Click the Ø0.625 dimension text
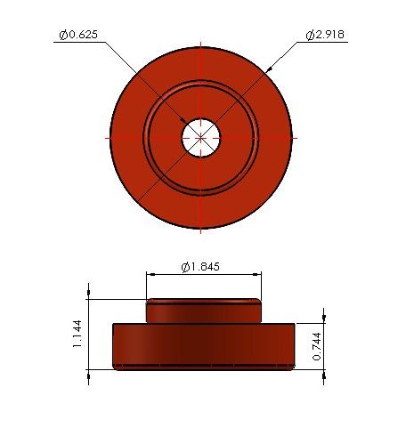[77, 35]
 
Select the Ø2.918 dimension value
[325, 35]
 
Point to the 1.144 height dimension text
[77, 335]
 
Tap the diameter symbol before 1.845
[184, 267]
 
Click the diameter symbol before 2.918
[309, 35]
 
